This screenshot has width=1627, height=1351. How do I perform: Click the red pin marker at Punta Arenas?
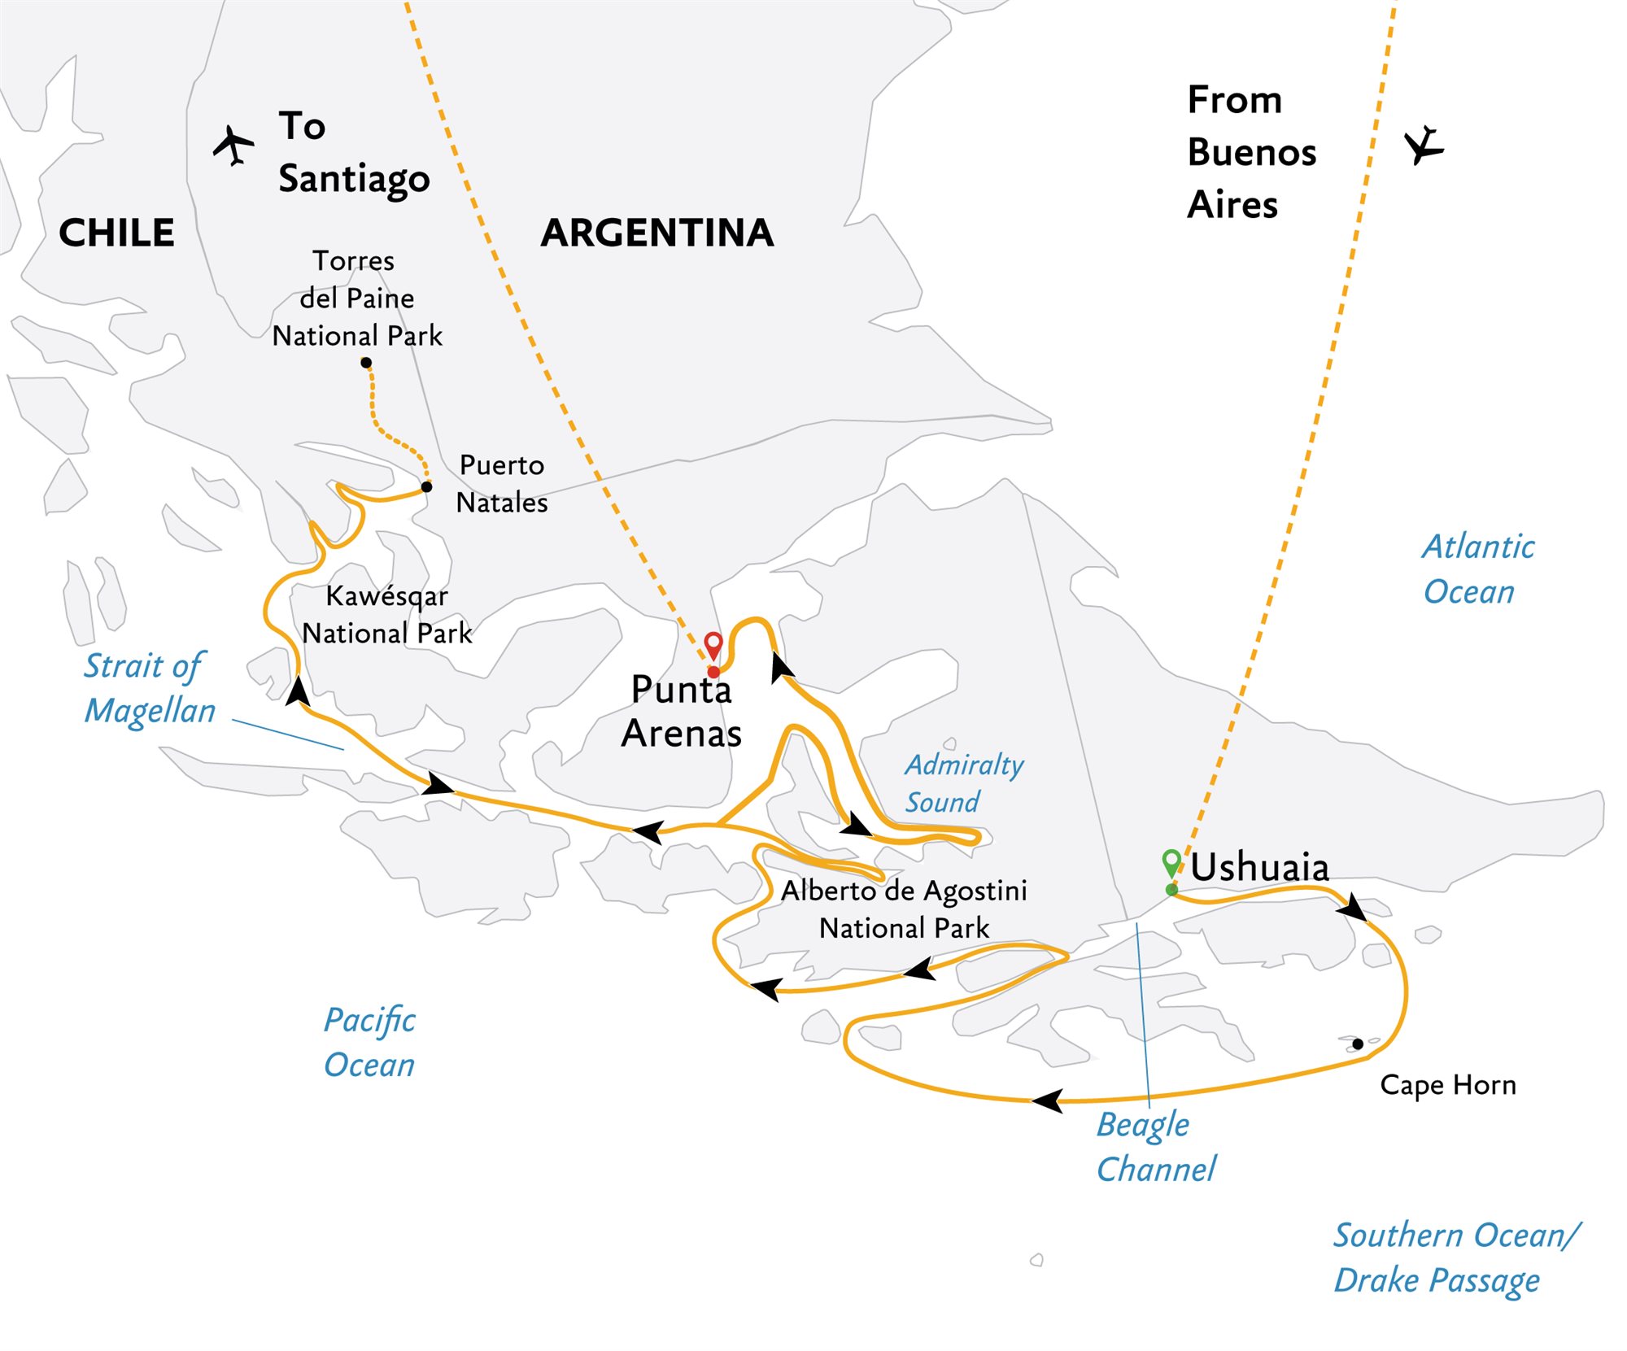713,646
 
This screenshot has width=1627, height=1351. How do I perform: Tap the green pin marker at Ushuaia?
1171,862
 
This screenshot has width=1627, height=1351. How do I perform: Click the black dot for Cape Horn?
1358,1044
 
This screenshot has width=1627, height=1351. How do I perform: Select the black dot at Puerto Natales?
426,487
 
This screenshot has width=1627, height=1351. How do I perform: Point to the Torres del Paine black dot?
366,363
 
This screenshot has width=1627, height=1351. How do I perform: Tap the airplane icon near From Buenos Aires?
1424,146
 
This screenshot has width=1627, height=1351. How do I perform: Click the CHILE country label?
116,233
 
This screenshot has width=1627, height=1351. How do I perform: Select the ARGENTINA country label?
657,233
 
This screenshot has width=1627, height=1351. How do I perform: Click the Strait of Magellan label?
150,688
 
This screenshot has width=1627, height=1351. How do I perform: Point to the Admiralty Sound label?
964,783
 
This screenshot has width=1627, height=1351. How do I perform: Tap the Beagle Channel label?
1155,1147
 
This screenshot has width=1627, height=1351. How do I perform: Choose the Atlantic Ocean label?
1477,569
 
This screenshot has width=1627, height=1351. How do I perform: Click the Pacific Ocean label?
370,1043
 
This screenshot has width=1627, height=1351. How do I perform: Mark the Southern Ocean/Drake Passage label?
1456,1257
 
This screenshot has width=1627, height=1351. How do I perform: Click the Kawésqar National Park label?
387,615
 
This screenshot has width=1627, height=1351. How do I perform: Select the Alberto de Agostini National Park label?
904,909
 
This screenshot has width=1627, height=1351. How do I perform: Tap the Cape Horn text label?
1448,1085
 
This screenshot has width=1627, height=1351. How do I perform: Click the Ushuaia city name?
1259,867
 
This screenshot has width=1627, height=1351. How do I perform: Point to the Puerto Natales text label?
502,484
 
